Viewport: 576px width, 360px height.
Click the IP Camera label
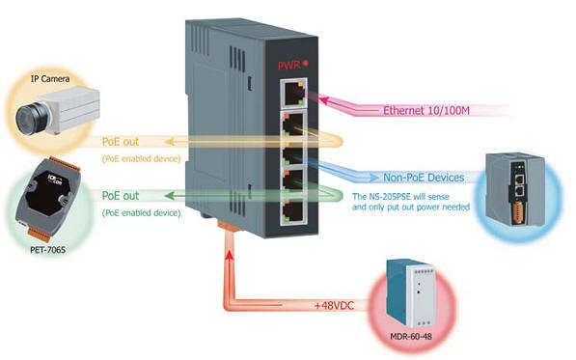pyautogui.click(x=47, y=78)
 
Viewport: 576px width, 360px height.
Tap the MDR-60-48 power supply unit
pyautogui.click(x=408, y=292)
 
